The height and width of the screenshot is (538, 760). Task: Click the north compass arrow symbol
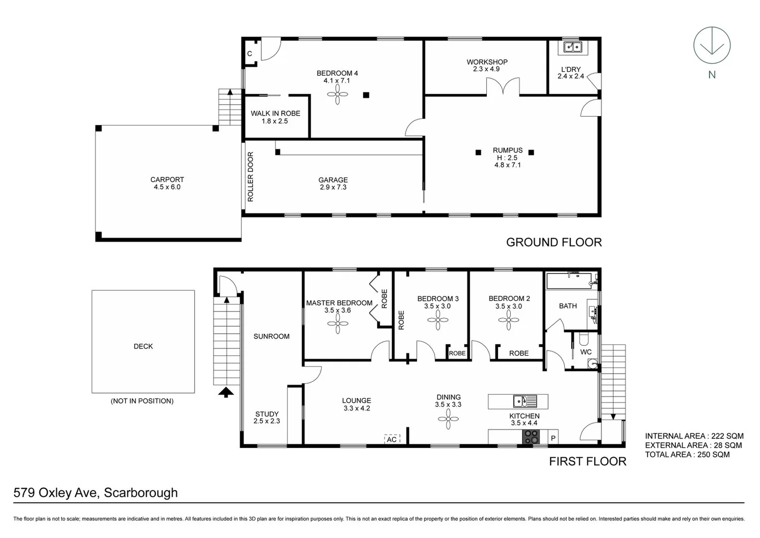(712, 46)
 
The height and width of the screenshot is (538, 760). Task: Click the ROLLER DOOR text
(250, 177)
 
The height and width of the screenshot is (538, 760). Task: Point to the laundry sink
(572, 47)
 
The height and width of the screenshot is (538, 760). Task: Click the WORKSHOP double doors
(503, 88)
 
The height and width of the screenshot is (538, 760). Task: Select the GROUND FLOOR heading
(553, 243)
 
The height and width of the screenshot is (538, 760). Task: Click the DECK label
(143, 346)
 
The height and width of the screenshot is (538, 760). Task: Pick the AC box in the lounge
(392, 439)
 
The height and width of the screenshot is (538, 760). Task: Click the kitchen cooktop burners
(531, 437)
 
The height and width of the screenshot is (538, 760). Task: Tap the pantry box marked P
(553, 438)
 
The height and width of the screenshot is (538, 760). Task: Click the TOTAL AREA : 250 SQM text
(687, 454)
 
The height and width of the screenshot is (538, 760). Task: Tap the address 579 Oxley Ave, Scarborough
(96, 493)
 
